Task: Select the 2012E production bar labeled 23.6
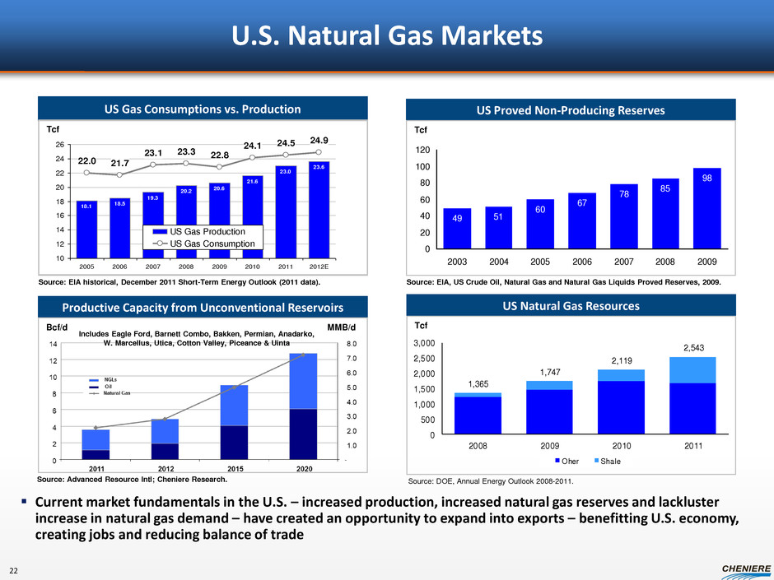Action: (x=316, y=209)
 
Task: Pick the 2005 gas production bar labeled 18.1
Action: (x=86, y=229)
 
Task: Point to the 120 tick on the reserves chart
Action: (x=421, y=151)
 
